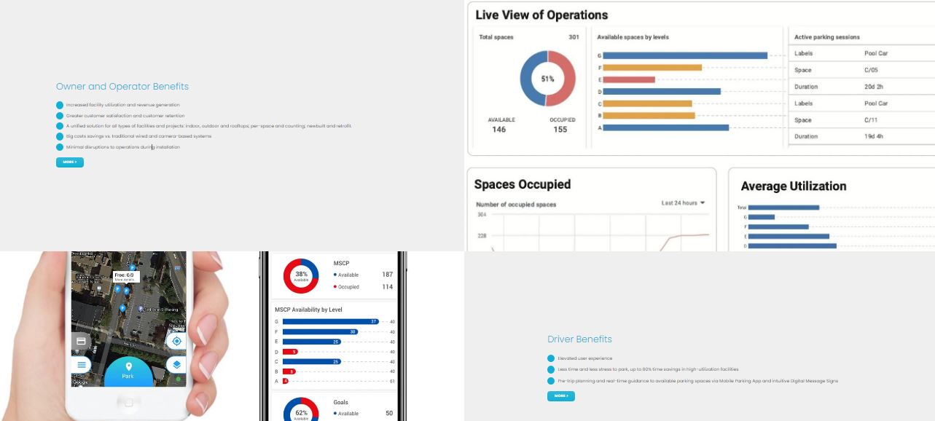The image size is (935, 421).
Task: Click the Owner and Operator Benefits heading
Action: [122, 87]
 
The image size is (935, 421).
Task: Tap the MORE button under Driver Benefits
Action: [560, 396]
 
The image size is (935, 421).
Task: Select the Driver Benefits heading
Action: [579, 339]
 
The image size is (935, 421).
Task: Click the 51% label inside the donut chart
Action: [547, 79]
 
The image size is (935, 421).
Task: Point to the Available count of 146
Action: [498, 130]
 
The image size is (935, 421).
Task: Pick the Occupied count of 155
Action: [560, 130]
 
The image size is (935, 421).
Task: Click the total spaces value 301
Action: [574, 37]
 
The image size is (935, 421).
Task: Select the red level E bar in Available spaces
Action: [628, 79]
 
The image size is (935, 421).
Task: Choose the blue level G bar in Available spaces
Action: [684, 55]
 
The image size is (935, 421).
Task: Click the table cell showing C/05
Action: [871, 70]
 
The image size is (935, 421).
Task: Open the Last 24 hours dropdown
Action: [683, 203]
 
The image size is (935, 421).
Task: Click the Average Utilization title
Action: [793, 186]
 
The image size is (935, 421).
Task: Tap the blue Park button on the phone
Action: [128, 371]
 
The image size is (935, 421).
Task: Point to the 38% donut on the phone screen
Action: [301, 275]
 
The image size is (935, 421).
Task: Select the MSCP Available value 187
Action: [387, 275]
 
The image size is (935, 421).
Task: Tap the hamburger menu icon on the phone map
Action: [81, 364]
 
